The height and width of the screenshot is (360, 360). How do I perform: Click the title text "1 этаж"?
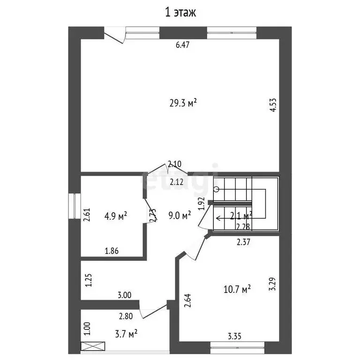pyautogui.click(x=180, y=13)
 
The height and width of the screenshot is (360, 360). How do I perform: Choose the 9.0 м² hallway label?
pyautogui.click(x=180, y=216)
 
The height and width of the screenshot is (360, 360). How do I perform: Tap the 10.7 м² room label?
pyautogui.click(x=238, y=289)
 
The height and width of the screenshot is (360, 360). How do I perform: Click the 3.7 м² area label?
pyautogui.click(x=125, y=334)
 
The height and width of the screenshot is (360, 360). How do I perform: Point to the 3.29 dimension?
pyautogui.click(x=272, y=284)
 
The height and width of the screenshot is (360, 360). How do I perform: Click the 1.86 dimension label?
pyautogui.click(x=111, y=251)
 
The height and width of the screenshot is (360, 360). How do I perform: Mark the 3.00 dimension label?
pyautogui.click(x=124, y=295)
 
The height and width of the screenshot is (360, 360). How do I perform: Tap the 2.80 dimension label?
pyautogui.click(x=126, y=316)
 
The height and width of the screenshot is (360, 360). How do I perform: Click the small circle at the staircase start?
pyautogui.click(x=216, y=189)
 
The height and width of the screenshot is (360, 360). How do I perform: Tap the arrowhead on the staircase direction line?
pyautogui.click(x=217, y=218)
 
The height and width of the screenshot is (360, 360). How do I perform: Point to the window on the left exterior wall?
pyautogui.click(x=75, y=206)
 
